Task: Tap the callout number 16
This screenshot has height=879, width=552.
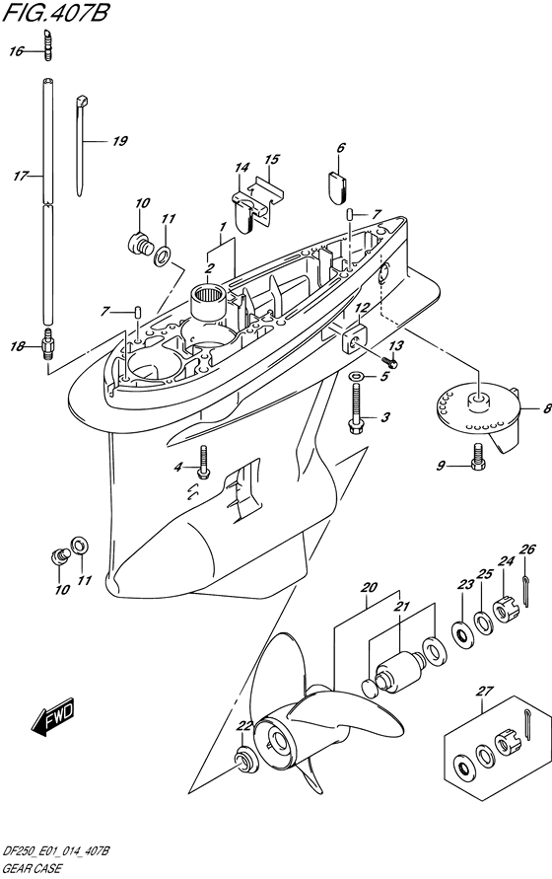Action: pyautogui.click(x=16, y=51)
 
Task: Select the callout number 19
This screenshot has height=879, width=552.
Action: pyautogui.click(x=119, y=141)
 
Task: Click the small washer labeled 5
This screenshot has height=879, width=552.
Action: pyautogui.click(x=356, y=376)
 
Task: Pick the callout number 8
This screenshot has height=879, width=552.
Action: pyautogui.click(x=547, y=408)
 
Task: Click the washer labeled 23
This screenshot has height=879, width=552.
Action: pyautogui.click(x=461, y=634)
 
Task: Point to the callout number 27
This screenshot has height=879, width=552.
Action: pyautogui.click(x=484, y=691)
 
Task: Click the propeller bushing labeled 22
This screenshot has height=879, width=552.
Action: pyautogui.click(x=243, y=760)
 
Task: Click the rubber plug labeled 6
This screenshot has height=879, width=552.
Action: pyautogui.click(x=337, y=185)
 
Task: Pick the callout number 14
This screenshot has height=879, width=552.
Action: pyautogui.click(x=241, y=167)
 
